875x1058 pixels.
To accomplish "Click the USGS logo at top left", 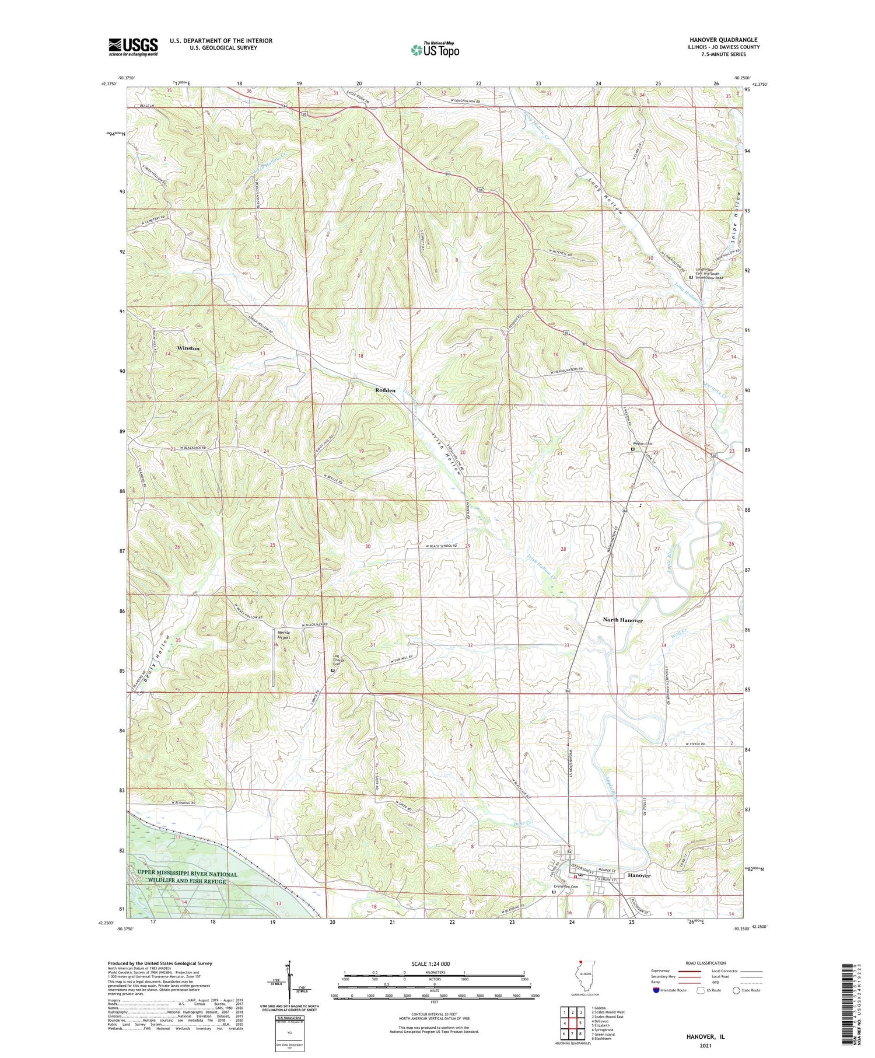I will click(133, 46).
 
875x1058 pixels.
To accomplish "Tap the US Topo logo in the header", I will click(434, 50).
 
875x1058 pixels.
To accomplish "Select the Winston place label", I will click(188, 348).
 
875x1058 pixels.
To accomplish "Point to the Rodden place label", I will click(385, 390).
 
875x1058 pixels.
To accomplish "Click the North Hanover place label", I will click(622, 620).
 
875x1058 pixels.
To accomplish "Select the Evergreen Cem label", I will click(566, 886).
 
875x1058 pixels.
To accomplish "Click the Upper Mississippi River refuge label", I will click(188, 878).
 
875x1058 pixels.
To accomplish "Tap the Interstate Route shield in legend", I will click(656, 990).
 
